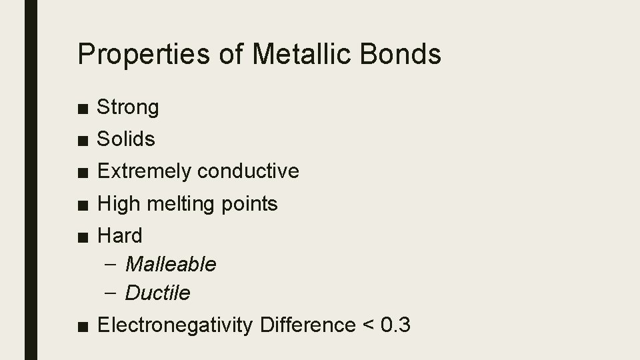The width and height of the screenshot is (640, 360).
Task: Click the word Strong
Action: tap(128, 107)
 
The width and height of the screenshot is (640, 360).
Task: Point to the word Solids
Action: tap(126, 139)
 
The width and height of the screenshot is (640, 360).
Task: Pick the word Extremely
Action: tap(144, 171)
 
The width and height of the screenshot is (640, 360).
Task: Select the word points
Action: tap(249, 203)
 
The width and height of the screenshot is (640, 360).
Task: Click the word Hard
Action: tap(120, 235)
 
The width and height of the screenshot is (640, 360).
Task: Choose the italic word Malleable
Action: tap(171, 265)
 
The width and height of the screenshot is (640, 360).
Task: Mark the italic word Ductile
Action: tap(158, 293)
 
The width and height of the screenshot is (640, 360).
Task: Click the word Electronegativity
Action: tap(175, 325)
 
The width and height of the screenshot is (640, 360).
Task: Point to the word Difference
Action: tap(307, 325)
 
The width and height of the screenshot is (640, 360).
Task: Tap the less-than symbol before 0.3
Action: tap(367, 326)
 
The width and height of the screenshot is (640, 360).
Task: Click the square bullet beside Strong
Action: tap(81, 108)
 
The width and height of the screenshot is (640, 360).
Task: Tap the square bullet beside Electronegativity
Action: tap(81, 326)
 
